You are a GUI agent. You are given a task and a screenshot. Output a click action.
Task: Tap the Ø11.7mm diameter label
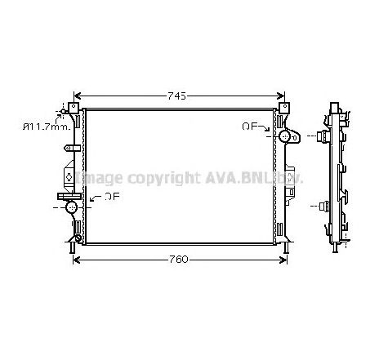click(x=46, y=126)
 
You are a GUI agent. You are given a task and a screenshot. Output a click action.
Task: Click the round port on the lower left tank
click(x=71, y=208)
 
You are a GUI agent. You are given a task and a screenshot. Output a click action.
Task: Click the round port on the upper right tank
click(x=286, y=136)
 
